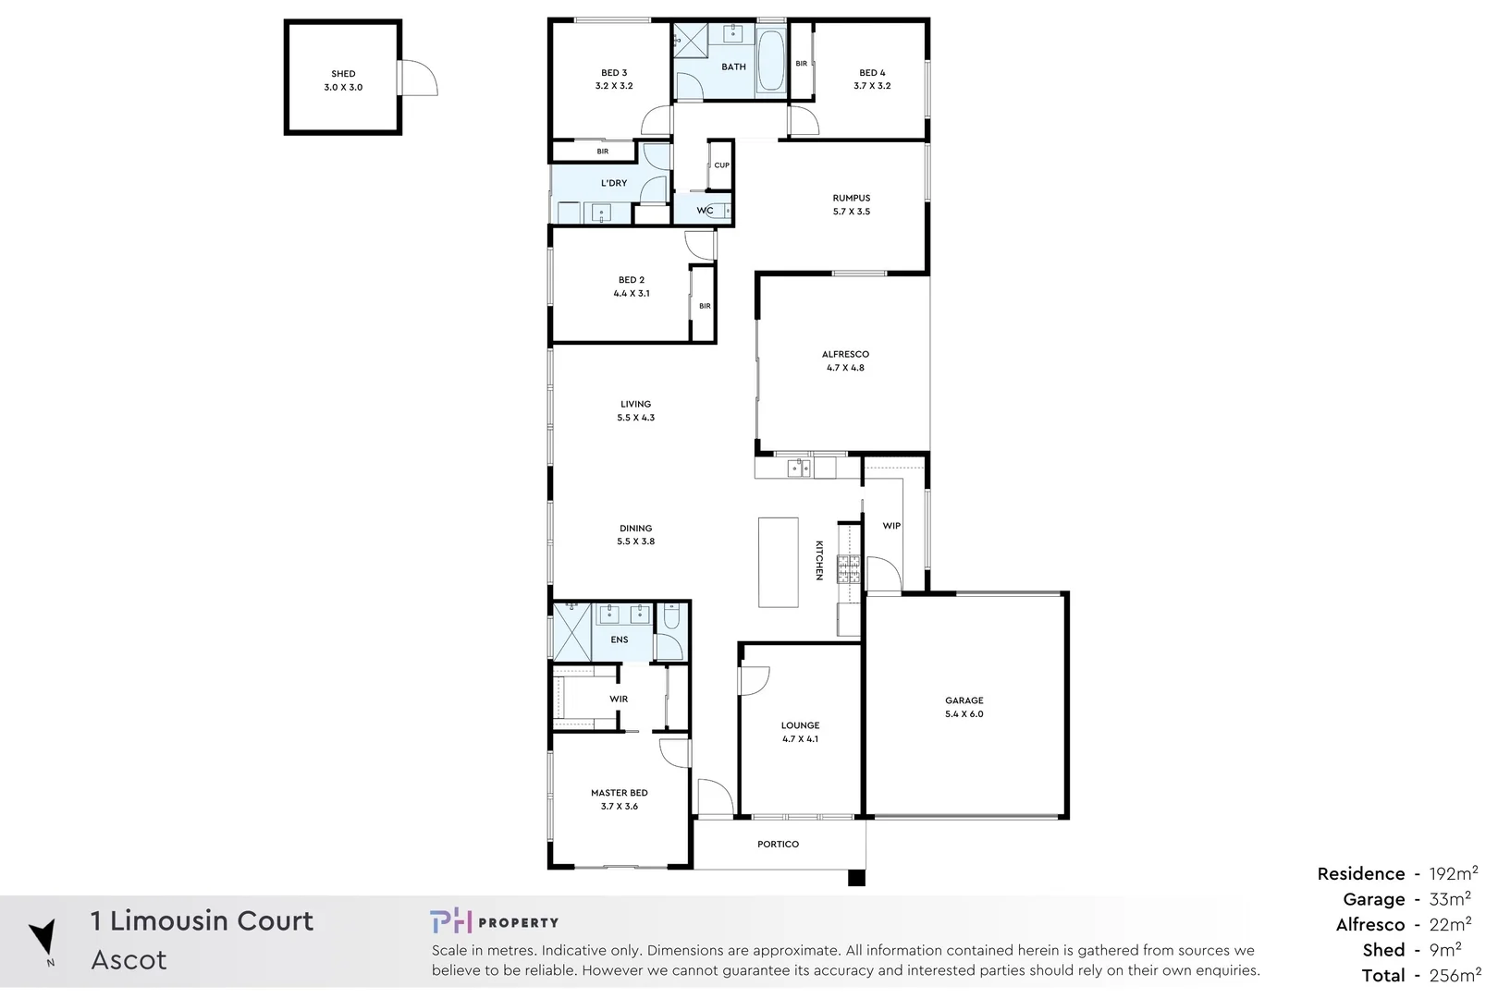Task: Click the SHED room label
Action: coord(343,74)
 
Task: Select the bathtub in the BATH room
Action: coord(770,62)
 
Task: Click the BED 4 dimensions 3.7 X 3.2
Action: coord(872,86)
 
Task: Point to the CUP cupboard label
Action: coord(722,165)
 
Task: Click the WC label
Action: coord(705,211)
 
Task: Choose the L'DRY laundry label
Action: coord(614,183)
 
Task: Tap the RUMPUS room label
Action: coord(851,198)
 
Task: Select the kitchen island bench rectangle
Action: coord(778,562)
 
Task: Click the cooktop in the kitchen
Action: coord(848,569)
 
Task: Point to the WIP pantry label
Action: coord(891,526)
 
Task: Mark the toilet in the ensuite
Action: coord(671,615)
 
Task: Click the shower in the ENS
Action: coord(571,631)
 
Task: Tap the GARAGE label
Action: coord(964,700)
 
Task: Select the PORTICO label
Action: coord(778,845)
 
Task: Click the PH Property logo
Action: coord(494,922)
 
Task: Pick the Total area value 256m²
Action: coord(1454,976)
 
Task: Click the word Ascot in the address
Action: coord(129,960)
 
